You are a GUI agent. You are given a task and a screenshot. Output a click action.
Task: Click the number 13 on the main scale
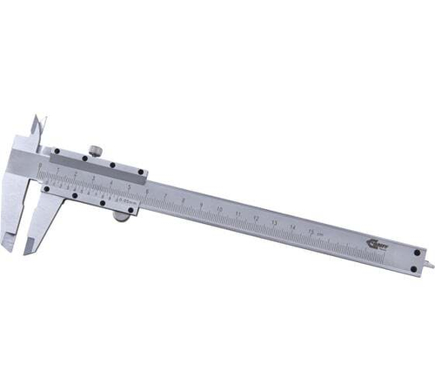coord(274,221)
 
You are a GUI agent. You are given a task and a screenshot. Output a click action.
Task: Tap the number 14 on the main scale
coord(292,226)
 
